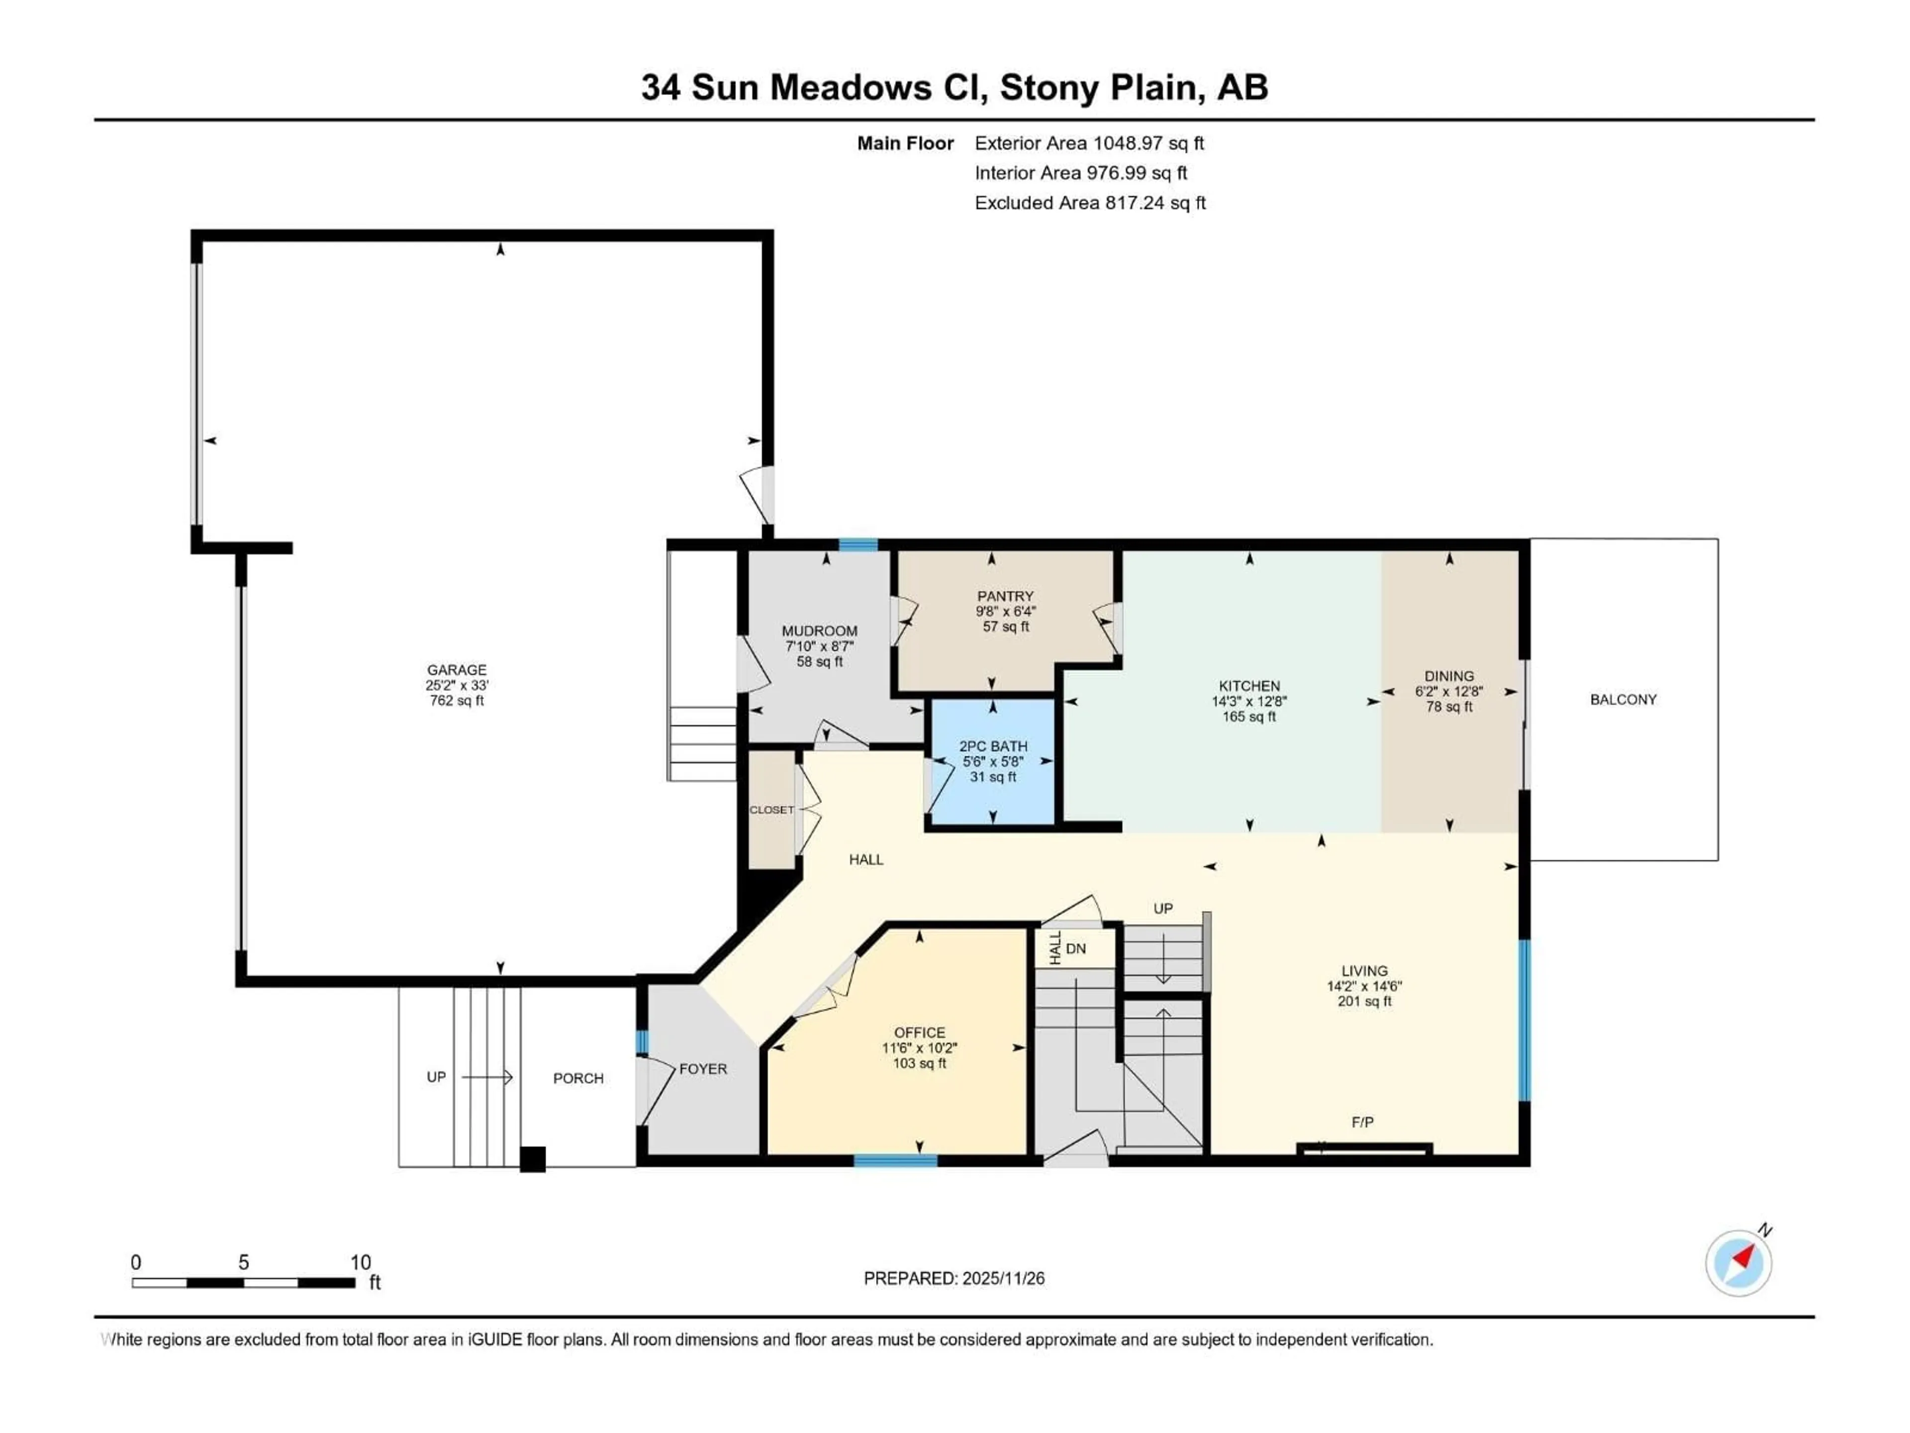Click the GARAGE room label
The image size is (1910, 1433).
click(x=457, y=669)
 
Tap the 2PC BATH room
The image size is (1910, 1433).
click(x=993, y=761)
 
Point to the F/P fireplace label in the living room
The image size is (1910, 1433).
click(x=1362, y=1122)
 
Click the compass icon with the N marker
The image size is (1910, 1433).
click(x=1738, y=1263)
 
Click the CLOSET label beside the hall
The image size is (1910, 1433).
click(x=771, y=810)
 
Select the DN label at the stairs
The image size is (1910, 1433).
click(x=1076, y=948)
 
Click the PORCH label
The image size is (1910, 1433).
click(x=577, y=1078)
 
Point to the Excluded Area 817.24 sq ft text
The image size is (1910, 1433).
click(x=1090, y=203)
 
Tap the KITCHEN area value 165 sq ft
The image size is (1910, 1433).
click(x=1248, y=717)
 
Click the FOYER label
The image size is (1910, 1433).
click(x=703, y=1068)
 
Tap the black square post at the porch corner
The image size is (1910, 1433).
click(x=533, y=1158)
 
